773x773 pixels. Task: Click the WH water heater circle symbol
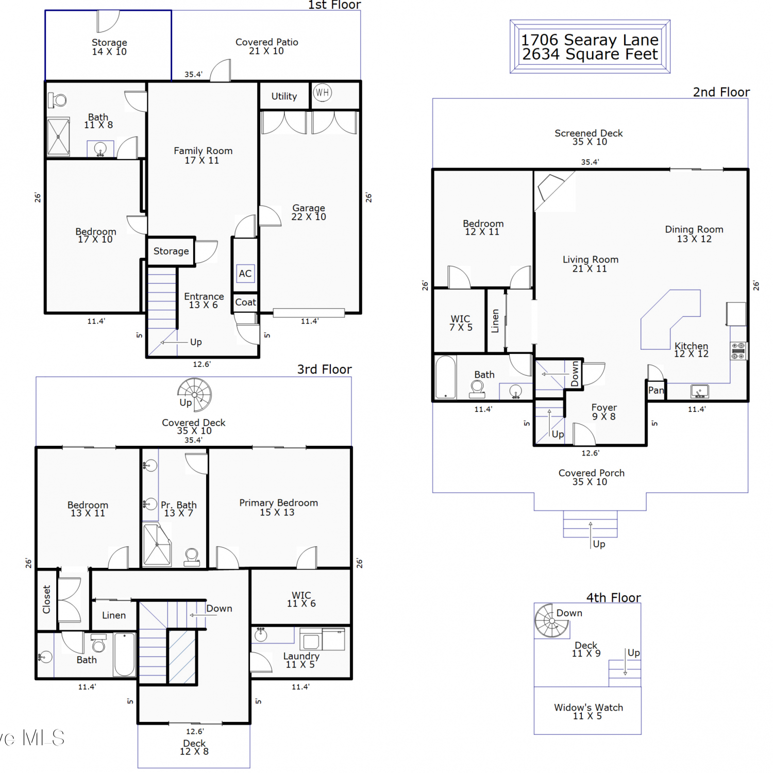(x=322, y=93)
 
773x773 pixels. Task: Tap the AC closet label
(x=245, y=274)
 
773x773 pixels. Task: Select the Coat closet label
(x=245, y=303)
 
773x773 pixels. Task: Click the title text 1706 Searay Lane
(x=590, y=40)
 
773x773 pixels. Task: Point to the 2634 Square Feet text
(x=590, y=54)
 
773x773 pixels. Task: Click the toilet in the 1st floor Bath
(x=57, y=100)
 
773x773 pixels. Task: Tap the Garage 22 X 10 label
(x=309, y=212)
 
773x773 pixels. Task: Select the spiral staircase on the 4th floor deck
(x=551, y=620)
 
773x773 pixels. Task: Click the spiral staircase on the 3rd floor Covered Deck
(x=194, y=395)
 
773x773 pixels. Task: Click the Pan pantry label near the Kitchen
(x=656, y=390)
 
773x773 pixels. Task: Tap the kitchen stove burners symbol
(x=738, y=351)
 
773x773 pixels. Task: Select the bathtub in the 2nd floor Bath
(x=446, y=377)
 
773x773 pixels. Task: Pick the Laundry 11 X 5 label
(x=301, y=660)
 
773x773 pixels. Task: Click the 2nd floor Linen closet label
(x=495, y=321)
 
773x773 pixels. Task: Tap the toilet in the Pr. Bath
(x=192, y=558)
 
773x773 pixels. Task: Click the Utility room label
(x=284, y=96)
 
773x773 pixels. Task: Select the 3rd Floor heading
(x=324, y=369)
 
